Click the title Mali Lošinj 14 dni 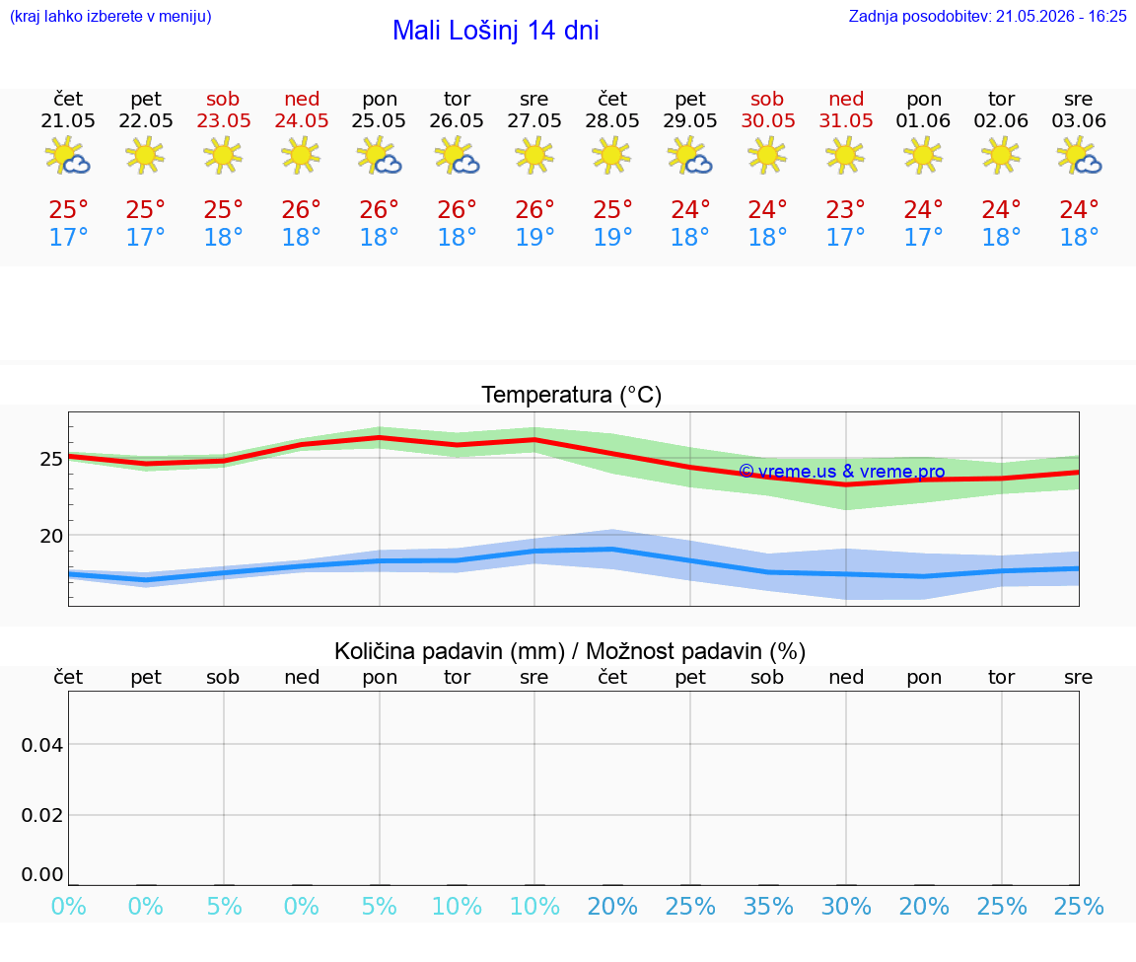496,31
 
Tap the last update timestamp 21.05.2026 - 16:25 1061,17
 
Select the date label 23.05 223,121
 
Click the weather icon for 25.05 379,155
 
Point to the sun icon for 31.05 845,155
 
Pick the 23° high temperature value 845,210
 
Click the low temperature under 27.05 534,237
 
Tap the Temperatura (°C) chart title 572,395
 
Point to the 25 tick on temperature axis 51,459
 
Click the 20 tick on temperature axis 51,536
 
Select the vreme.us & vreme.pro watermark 842,472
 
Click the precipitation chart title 570,651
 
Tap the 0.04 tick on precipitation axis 42,745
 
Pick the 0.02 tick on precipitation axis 42,815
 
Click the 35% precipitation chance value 768,906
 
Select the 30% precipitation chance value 845,906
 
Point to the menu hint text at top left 110,17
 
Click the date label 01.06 923,121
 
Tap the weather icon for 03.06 1079,155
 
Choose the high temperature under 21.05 68,210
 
